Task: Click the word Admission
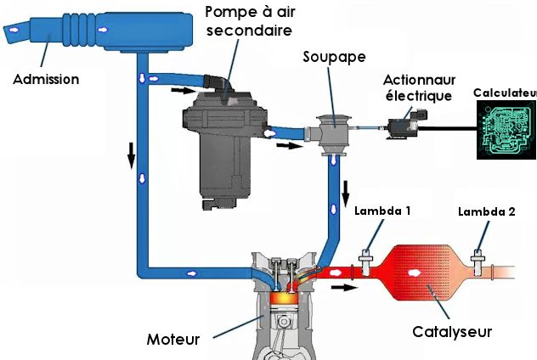[47, 79]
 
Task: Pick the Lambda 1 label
[383, 211]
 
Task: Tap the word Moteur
[172, 340]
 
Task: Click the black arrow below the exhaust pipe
[343, 287]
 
